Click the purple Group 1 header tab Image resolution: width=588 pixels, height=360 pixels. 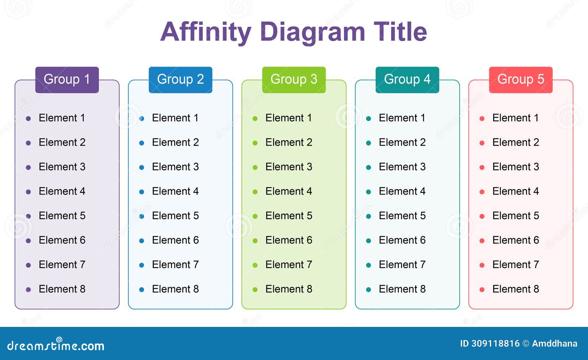pos(67,79)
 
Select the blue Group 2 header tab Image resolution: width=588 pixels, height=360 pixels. pos(180,79)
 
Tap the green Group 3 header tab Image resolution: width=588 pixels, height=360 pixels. pos(294,79)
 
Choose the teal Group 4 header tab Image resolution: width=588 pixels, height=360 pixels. pos(407,79)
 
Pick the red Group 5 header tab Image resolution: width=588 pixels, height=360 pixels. pos(520,79)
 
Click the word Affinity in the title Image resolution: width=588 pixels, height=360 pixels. pos(206,32)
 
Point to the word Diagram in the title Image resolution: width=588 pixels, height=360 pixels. pos(312,32)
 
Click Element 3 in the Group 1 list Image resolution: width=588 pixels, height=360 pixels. pos(62,167)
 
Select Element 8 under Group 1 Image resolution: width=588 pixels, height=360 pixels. pos(62,289)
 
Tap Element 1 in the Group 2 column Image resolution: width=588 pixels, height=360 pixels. pos(175,118)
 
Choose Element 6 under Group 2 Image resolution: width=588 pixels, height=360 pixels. pos(175,240)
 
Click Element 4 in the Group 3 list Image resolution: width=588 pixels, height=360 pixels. pos(288,191)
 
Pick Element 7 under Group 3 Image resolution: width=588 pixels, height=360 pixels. pos(288,265)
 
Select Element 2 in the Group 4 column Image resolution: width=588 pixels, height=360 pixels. pos(402,142)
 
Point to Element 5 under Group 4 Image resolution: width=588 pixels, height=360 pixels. pos(402,216)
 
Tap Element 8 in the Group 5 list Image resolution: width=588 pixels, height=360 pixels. pos(516,289)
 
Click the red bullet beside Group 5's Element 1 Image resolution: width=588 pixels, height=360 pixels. pos(482,118)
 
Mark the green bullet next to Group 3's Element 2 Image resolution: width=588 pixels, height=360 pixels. pos(255,143)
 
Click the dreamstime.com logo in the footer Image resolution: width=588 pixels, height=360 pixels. pos(56,345)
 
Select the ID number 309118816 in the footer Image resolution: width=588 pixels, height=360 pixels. pos(495,343)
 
